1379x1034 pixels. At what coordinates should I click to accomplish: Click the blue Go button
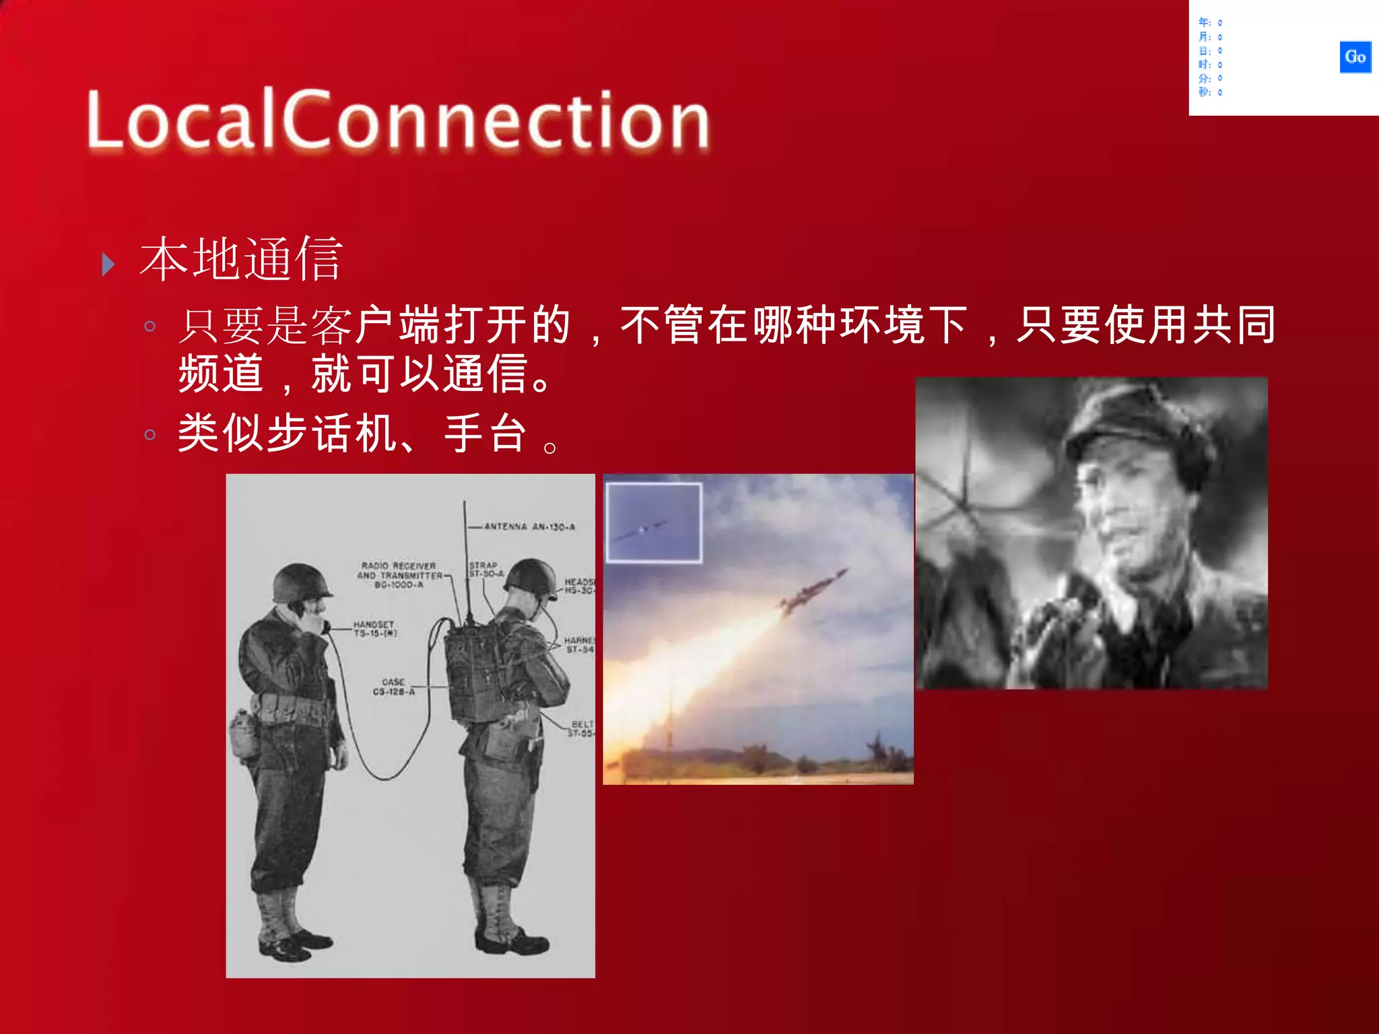[1355, 57]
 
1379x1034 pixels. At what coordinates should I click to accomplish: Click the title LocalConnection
[397, 120]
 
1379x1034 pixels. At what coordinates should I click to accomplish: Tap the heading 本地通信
[241, 259]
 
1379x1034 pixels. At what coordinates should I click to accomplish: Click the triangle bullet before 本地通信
[108, 265]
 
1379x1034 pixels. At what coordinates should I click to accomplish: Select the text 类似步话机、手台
[350, 433]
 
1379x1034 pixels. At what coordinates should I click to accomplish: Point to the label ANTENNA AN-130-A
[529, 526]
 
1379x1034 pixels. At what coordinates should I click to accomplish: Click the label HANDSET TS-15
[374, 629]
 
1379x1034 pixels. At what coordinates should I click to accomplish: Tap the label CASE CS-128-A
[393, 687]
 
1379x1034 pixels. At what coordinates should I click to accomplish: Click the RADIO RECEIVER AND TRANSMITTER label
[399, 575]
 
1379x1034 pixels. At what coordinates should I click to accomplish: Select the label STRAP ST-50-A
[485, 570]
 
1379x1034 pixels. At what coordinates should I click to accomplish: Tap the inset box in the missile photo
[654, 522]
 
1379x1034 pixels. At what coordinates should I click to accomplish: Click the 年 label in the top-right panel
[1204, 23]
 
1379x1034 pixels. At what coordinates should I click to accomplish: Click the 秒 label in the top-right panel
[1204, 92]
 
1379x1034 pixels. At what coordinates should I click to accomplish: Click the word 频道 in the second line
[221, 374]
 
